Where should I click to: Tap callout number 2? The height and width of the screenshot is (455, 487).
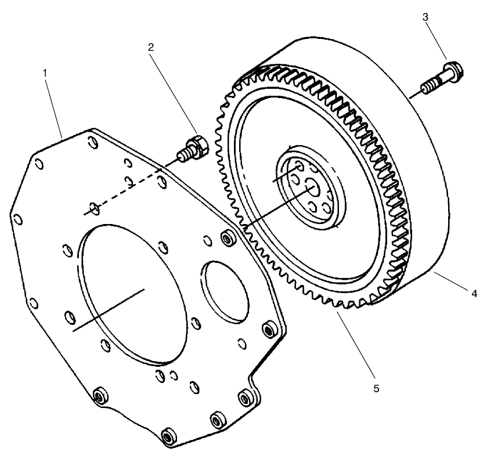(x=151, y=47)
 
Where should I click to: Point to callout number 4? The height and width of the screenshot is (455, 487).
(x=474, y=294)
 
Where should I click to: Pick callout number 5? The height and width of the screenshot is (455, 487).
(x=376, y=388)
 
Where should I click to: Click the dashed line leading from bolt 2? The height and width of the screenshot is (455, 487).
(x=134, y=186)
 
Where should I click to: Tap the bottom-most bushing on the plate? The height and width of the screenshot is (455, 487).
(x=169, y=435)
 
